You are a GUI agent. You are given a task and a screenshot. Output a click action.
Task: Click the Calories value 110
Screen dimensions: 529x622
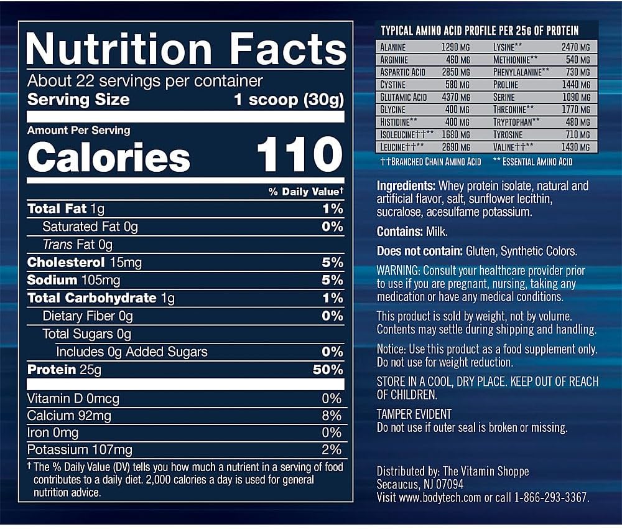(x=299, y=156)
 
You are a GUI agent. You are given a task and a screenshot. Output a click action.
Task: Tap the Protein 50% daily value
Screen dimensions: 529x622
(x=328, y=370)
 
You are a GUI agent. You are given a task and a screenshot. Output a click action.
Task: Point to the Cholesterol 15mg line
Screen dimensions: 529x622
(x=85, y=263)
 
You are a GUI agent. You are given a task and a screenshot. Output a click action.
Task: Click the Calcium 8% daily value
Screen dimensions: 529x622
(x=332, y=416)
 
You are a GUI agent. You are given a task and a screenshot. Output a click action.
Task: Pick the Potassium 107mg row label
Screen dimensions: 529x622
(x=80, y=449)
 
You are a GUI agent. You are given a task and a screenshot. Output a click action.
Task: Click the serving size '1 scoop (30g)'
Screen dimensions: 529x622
(x=288, y=100)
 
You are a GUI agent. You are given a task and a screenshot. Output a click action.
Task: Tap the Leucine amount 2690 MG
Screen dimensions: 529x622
(x=456, y=147)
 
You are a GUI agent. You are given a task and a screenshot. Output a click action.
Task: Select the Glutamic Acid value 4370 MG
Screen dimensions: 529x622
(x=456, y=97)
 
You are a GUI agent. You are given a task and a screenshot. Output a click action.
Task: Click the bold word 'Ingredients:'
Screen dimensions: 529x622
(x=406, y=186)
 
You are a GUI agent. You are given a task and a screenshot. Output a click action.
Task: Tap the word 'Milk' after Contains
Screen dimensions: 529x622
(x=437, y=232)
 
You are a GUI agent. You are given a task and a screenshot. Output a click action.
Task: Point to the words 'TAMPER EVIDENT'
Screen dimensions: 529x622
(x=414, y=414)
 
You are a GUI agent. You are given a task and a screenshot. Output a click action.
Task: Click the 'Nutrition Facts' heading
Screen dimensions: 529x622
(x=185, y=47)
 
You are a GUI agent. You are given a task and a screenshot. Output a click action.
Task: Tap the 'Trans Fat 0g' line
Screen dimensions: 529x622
(x=78, y=245)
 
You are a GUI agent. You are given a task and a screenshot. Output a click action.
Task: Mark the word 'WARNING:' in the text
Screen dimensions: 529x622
(x=399, y=271)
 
